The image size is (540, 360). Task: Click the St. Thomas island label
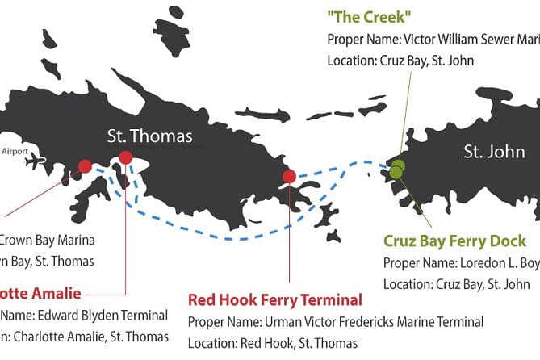tap(150, 136)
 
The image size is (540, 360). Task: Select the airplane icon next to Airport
tap(36, 161)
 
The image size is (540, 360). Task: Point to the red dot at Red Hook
tap(289, 177)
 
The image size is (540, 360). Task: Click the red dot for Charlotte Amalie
tap(125, 157)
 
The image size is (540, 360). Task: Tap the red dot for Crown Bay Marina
tap(85, 167)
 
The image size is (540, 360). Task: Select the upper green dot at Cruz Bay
tap(398, 165)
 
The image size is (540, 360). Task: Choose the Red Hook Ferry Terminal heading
tap(275, 300)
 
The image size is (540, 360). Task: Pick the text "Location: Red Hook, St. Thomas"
tap(273, 342)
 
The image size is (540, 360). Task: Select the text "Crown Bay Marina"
tap(47, 240)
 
